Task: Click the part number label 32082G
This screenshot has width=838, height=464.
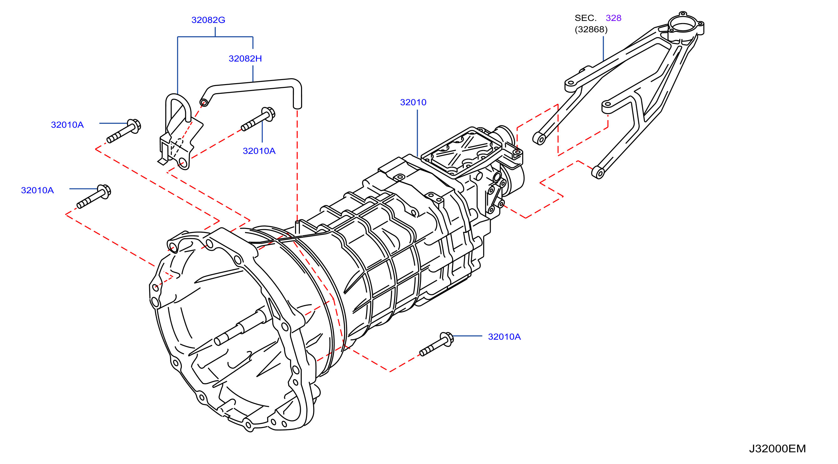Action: coord(208,20)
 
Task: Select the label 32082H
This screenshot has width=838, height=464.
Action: coord(245,59)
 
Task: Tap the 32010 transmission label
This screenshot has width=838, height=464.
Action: coord(413,103)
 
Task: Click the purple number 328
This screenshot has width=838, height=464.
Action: coord(614,18)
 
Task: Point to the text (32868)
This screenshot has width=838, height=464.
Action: coord(591,30)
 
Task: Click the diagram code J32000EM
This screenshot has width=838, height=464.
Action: coord(778,449)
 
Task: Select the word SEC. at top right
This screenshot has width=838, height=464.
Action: coord(585,18)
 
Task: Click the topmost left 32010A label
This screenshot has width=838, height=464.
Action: coord(67,125)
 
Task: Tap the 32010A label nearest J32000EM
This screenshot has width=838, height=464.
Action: coord(504,337)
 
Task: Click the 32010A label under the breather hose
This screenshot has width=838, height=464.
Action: coord(259,151)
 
